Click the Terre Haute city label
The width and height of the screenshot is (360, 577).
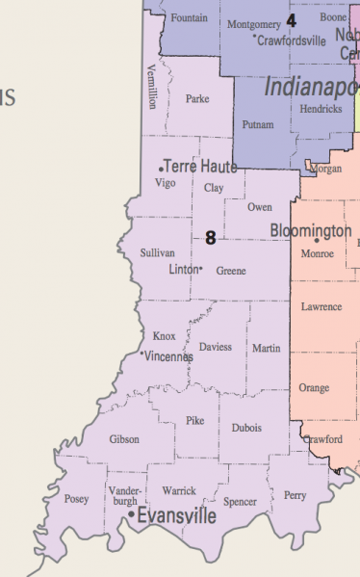(x=201, y=167)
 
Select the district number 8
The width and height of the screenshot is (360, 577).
(x=210, y=237)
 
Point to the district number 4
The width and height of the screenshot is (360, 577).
(x=291, y=19)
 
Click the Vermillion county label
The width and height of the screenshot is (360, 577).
(x=151, y=87)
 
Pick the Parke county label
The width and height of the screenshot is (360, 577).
(x=197, y=98)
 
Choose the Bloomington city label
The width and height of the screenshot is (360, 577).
(x=311, y=231)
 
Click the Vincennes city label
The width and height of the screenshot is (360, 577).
(x=168, y=356)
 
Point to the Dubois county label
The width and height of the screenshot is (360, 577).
(x=246, y=428)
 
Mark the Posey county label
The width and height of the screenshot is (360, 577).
(x=76, y=499)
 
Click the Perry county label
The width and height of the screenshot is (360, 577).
(x=295, y=495)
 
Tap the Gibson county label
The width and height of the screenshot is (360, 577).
(x=124, y=439)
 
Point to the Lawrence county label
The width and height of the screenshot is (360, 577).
(x=321, y=307)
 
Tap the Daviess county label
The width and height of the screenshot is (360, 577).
(x=215, y=347)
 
